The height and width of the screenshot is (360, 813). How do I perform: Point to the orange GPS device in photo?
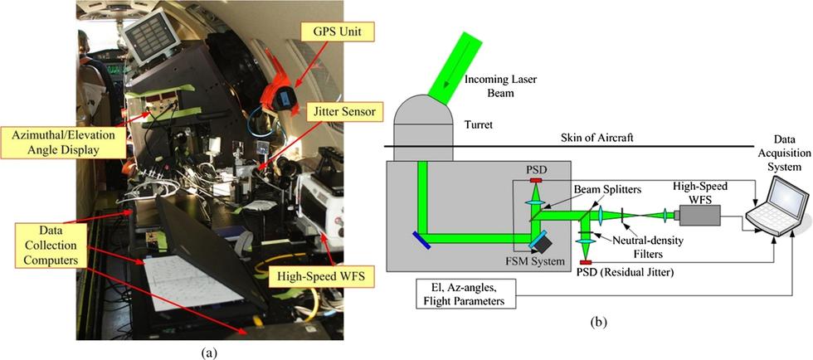tap(282, 98)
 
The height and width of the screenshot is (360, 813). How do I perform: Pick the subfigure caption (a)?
tap(209, 351)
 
